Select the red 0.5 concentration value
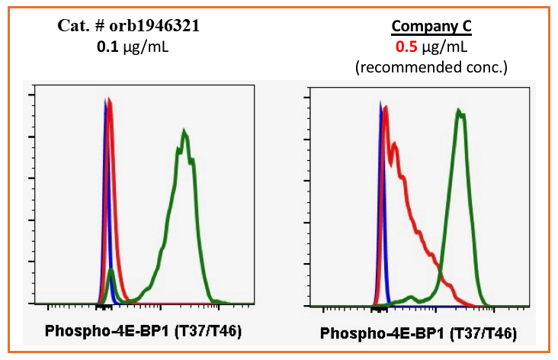point(405,47)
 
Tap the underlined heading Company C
point(431,27)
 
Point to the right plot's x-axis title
point(418,333)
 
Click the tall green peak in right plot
point(459,112)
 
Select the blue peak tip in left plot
point(104,101)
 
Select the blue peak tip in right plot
point(380,103)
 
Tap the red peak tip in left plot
point(110,100)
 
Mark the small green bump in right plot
point(412,296)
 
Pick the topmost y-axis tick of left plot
point(30,95)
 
